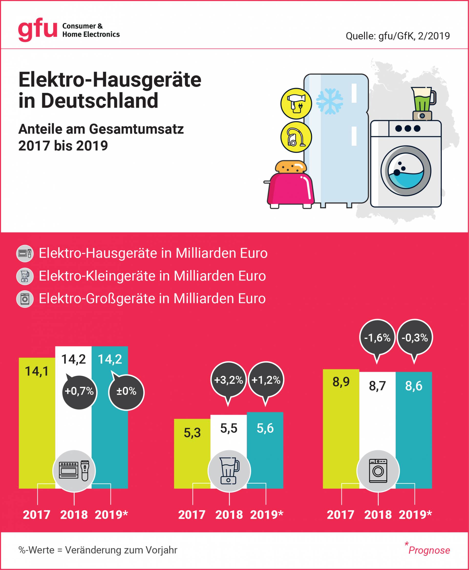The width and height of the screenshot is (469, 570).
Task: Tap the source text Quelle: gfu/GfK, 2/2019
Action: click(x=398, y=36)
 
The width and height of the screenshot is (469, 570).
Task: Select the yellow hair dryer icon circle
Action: click(x=296, y=104)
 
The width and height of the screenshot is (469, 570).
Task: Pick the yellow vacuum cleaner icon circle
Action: click(x=296, y=137)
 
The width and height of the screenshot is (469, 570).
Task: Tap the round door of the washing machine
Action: click(x=405, y=171)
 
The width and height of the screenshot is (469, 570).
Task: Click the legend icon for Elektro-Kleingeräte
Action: click(x=25, y=276)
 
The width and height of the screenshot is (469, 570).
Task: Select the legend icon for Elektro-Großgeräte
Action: click(x=25, y=299)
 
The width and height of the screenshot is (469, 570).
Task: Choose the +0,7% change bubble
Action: click(x=79, y=391)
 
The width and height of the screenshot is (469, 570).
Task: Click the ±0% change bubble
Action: click(x=126, y=391)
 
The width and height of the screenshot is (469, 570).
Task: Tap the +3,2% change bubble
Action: click(x=228, y=380)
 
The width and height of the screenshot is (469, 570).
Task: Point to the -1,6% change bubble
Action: click(x=377, y=338)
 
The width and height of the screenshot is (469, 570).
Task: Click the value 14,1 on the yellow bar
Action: click(x=37, y=371)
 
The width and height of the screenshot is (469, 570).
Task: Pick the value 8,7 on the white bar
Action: click(x=377, y=386)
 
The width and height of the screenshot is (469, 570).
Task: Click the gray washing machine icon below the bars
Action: click(x=378, y=471)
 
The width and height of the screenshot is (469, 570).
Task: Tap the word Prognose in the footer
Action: click(x=429, y=550)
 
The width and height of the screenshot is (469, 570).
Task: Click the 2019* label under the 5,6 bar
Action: click(x=266, y=514)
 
